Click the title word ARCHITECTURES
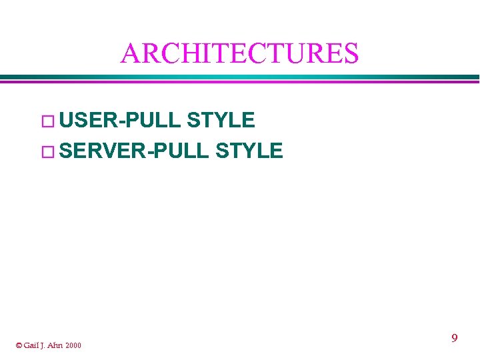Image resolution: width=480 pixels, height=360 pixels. click(x=239, y=53)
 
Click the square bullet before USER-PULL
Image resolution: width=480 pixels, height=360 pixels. click(x=47, y=121)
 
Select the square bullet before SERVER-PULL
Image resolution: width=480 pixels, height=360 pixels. click(x=47, y=151)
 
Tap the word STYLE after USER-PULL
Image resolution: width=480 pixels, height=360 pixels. click(x=221, y=120)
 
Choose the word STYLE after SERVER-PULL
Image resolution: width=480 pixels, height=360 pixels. click(x=249, y=151)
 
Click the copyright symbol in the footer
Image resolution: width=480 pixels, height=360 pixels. click(x=19, y=345)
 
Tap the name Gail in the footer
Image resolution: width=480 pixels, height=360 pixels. click(x=31, y=345)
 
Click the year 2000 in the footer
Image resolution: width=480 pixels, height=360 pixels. click(x=74, y=345)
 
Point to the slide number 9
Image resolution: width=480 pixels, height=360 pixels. click(x=454, y=338)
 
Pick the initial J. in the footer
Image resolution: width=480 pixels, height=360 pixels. click(x=43, y=345)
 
